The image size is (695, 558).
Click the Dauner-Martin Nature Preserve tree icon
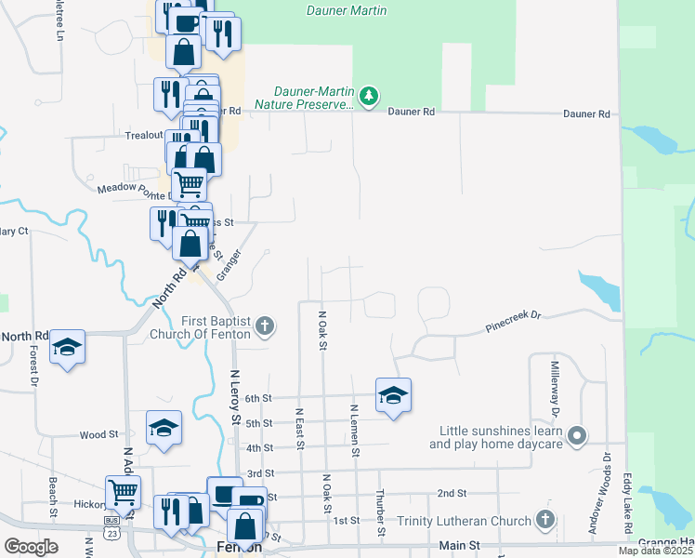[x=370, y=96]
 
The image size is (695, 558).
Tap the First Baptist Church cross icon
[x=265, y=325]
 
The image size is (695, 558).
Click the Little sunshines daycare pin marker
[x=578, y=435]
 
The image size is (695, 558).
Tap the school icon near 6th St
[x=393, y=396]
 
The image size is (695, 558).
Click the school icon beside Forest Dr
[x=68, y=347]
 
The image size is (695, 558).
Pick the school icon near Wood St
[x=164, y=428]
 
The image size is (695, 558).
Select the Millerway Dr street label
[x=555, y=388]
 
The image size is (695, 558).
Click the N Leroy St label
[x=236, y=397]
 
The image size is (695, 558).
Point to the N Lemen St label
[x=355, y=430]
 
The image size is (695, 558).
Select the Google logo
[x=31, y=547]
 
